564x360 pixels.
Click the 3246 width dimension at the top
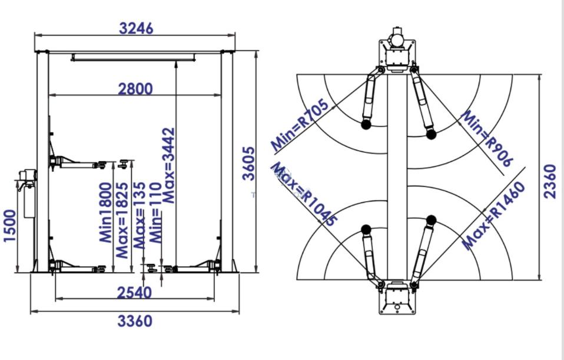[136, 28]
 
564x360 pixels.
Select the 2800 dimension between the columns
[135, 89]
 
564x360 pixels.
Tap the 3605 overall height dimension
[248, 164]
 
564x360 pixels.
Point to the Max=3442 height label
[168, 166]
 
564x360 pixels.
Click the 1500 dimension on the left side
[9, 226]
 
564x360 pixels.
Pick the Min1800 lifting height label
[105, 213]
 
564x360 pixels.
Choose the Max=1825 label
[122, 221]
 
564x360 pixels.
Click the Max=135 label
[140, 215]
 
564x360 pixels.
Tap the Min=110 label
[155, 213]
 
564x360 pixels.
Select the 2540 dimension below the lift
[134, 293]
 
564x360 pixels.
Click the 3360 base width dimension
[135, 321]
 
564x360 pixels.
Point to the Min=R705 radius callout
[300, 125]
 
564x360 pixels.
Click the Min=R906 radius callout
[486, 138]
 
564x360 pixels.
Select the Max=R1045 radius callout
[304, 194]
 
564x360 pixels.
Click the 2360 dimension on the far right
[550, 181]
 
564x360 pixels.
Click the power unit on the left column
[26, 192]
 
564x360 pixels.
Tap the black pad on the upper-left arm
[366, 125]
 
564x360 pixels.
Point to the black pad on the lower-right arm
[432, 220]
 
